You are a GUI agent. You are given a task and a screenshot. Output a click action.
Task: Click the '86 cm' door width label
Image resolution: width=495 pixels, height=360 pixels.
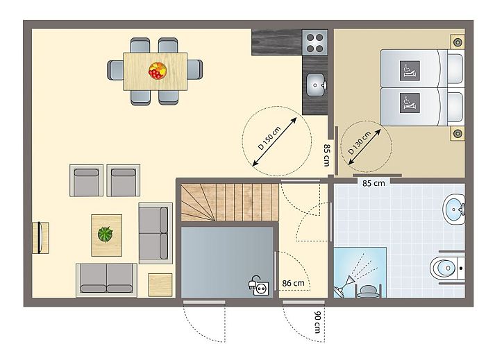(x=294, y=283)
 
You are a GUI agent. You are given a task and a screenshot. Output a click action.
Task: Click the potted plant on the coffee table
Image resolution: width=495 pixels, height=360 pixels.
(x=106, y=234)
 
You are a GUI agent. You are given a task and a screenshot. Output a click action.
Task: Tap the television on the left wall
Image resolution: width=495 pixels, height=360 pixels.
(x=42, y=237)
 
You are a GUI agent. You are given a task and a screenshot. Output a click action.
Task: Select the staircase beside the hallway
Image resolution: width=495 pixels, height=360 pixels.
(x=228, y=202)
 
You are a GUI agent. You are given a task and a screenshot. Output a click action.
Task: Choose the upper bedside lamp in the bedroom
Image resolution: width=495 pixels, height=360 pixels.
(x=457, y=42)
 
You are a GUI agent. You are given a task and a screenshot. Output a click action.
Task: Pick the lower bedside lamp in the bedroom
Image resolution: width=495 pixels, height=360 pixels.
(x=457, y=132)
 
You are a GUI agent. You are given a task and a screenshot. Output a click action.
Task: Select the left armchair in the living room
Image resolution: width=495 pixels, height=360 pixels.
(x=86, y=180)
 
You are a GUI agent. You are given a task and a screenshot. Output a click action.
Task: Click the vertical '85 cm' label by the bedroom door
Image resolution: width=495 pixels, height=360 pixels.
(x=327, y=155)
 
